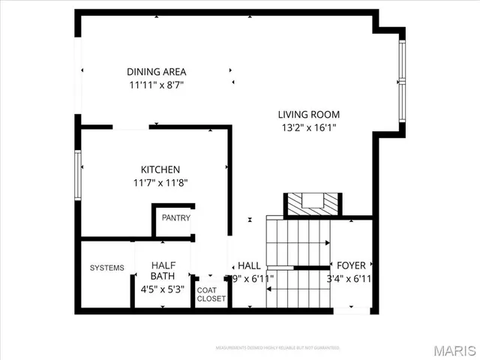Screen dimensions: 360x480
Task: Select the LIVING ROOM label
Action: (309, 115)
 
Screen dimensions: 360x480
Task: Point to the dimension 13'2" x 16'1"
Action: (309, 127)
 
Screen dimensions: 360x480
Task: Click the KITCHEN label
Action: (160, 169)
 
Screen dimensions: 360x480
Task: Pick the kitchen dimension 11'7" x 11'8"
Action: (160, 182)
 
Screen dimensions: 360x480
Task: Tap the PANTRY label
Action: (175, 218)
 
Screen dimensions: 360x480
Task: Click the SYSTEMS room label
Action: (106, 268)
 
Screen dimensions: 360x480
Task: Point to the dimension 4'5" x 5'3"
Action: (163, 289)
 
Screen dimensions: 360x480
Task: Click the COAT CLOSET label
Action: (211, 294)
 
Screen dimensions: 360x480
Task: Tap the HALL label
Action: (249, 266)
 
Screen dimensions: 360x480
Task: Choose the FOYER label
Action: (351, 265)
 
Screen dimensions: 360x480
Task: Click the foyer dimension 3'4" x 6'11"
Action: (351, 278)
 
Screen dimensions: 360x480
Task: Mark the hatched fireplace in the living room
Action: (310, 203)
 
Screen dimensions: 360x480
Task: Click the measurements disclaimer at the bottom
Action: (277, 348)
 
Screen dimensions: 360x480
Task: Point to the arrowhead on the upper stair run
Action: (327, 244)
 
